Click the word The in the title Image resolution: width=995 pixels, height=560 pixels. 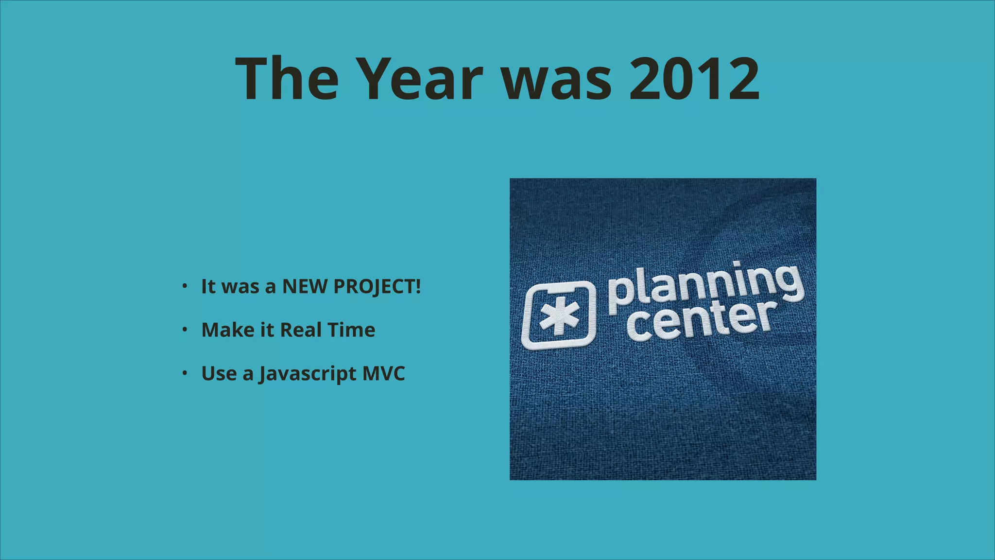[287, 79]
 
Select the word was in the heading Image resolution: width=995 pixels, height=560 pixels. [556, 79]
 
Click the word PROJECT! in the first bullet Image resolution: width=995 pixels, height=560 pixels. [377, 286]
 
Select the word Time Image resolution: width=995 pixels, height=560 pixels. [351, 330]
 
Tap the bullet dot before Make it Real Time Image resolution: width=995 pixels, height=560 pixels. [185, 330]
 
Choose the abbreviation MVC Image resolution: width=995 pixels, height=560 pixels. [383, 374]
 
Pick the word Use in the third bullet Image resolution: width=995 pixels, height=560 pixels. [219, 374]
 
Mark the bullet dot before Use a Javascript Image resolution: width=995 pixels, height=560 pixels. [185, 373]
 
